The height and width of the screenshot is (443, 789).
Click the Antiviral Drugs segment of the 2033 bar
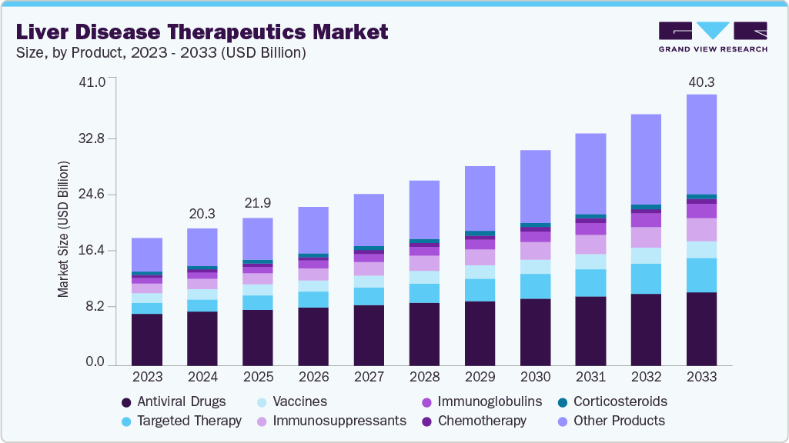pos(701,328)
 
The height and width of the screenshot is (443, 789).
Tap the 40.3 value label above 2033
pos(701,82)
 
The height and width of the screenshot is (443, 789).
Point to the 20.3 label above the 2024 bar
pos(202,215)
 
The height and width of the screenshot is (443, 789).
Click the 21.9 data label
pos(258,204)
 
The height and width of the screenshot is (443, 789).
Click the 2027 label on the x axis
pos(369,377)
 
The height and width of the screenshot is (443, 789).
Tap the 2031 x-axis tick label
pos(590,377)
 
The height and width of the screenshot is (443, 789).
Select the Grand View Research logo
pos(712,36)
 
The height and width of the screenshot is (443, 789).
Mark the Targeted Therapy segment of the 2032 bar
pos(646,278)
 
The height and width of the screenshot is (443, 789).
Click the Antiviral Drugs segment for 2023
pos(147,339)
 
